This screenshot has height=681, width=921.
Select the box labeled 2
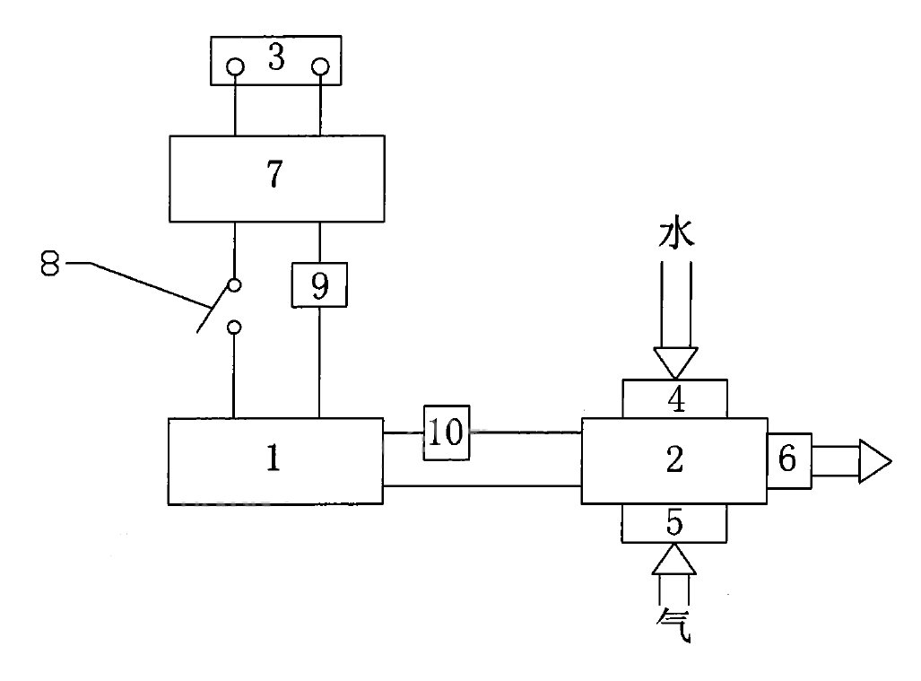coord(673,460)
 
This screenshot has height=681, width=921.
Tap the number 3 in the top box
coord(276,59)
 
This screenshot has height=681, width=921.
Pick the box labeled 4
coord(674,398)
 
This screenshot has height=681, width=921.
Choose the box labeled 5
coord(674,523)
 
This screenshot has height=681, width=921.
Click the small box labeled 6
coord(788,460)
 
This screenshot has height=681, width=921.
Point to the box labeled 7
coord(276,178)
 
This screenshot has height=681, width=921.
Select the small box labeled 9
coord(319,286)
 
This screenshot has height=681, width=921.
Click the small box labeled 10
coord(446,433)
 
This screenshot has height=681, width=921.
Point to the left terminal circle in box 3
coord(235,66)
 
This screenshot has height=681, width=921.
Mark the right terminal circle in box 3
coord(320,66)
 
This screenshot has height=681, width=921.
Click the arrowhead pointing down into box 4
coord(674,362)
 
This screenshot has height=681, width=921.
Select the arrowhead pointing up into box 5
coord(674,559)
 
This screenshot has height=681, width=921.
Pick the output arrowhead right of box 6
coord(874,461)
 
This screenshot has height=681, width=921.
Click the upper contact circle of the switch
coord(234,286)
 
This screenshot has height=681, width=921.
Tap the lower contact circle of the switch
coord(234,327)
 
